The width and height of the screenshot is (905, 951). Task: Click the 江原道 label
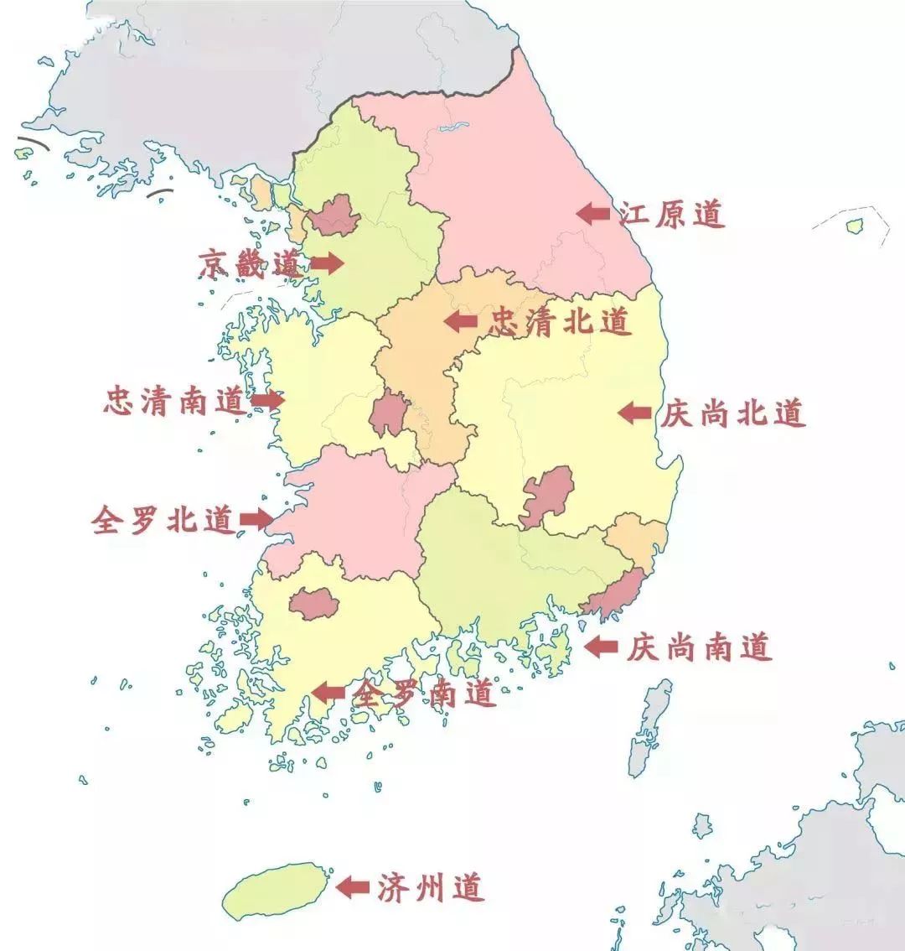671,214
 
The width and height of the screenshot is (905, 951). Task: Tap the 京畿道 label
249,263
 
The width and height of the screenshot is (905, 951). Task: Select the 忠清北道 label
559,320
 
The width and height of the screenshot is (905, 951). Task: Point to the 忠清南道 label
174,401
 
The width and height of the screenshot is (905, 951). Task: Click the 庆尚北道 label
732,413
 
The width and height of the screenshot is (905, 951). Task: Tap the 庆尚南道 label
698,647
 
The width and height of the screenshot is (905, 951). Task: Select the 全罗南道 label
423,693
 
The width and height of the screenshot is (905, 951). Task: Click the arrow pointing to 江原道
593,213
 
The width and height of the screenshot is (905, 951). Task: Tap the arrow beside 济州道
353,887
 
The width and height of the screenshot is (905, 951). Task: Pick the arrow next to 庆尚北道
634,412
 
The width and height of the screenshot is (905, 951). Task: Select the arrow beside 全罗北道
256,520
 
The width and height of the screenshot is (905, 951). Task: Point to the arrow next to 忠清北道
460,320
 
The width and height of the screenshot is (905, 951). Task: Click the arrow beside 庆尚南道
601,647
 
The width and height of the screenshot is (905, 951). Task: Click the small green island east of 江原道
855,226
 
